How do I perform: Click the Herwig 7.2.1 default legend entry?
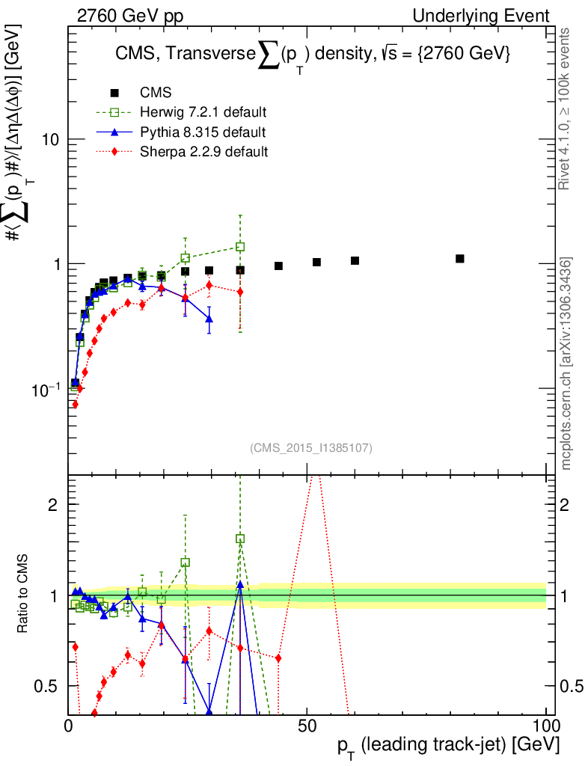coord(203,112)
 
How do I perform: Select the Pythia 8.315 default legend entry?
coord(203,132)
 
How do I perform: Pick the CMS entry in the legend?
coord(156,93)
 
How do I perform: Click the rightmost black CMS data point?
coord(460,259)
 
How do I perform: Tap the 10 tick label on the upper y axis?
coord(49,140)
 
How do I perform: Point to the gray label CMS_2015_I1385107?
coord(311,448)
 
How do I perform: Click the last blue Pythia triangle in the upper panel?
coord(209,319)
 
